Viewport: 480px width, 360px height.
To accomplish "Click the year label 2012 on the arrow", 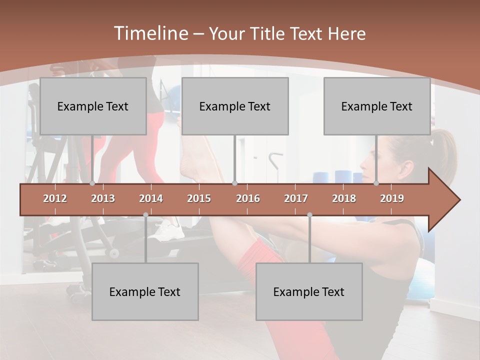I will coord(55,198).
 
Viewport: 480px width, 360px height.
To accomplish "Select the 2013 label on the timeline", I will coord(103,198).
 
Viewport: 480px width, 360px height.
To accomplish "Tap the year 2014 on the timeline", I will coord(151,198).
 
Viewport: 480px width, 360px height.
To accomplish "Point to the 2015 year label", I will coord(199,198).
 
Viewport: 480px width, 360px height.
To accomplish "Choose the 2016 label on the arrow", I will coord(248,198).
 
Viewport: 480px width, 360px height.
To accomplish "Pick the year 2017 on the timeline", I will coord(296,198).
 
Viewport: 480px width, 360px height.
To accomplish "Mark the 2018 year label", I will coord(344,198).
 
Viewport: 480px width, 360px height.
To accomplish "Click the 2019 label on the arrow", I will coord(392,198).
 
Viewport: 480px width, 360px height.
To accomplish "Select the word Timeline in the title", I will coord(150,33).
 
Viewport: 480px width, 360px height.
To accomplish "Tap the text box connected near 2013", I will coord(93,106).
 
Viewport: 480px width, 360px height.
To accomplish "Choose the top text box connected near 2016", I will coord(235,106).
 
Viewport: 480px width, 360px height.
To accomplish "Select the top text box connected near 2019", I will coord(377,106).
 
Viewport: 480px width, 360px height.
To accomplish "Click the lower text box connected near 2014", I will coord(145,291).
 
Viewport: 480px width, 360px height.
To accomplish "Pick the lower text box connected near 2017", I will coord(309,291).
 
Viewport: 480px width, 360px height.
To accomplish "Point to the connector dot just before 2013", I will coord(92,183).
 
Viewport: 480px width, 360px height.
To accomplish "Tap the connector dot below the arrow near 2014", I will coord(145,214).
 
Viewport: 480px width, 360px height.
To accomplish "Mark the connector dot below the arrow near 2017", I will coord(309,214).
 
